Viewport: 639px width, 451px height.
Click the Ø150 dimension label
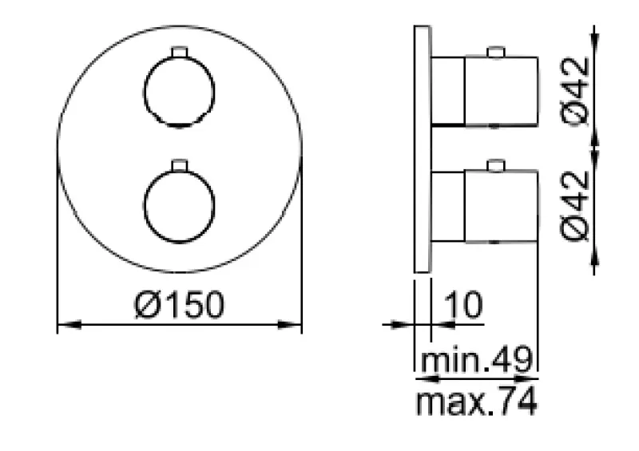[x=179, y=305]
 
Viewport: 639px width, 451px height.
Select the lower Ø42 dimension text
[x=577, y=205]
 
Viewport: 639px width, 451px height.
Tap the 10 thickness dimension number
[x=462, y=305]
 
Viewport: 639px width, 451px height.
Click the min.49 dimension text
[x=476, y=362]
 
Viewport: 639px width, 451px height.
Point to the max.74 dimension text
[x=476, y=402]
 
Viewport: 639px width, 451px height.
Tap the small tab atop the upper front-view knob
[x=178, y=53]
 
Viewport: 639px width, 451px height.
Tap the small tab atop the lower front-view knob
[x=178, y=166]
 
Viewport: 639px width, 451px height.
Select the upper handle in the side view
[x=484, y=91]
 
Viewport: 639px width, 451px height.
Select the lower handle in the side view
[x=484, y=206]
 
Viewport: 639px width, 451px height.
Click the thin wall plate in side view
[x=422, y=148]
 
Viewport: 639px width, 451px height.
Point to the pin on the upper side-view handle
[x=495, y=53]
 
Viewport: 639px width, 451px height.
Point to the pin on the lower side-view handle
[x=495, y=166]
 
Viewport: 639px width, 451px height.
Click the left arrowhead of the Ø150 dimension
[x=64, y=324]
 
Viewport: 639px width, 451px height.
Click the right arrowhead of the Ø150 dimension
[x=295, y=324]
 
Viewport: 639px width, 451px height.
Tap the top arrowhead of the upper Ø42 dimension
[x=595, y=32]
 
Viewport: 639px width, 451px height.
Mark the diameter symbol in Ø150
[x=145, y=305]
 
